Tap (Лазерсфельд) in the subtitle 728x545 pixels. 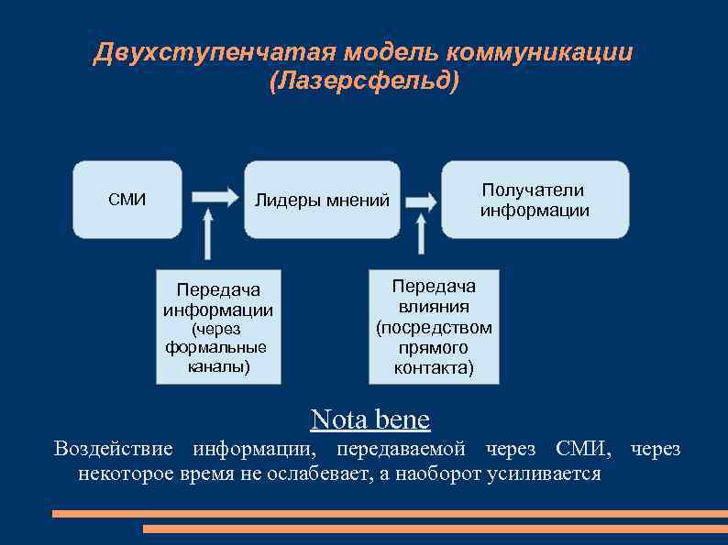point(364,82)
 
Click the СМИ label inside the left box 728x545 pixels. point(127,200)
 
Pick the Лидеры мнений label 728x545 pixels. point(322,201)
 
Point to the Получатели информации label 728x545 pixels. point(535,200)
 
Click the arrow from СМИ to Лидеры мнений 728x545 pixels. point(214,196)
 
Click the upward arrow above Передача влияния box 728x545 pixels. point(422,234)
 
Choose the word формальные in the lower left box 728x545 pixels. point(216,348)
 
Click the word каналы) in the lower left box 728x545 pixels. point(217,367)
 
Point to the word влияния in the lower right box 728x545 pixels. point(434,307)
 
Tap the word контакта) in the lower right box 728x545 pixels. point(434,369)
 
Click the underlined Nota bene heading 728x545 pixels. point(370,420)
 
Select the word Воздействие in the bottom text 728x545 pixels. point(113,449)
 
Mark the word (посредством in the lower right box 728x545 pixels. point(434,328)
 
